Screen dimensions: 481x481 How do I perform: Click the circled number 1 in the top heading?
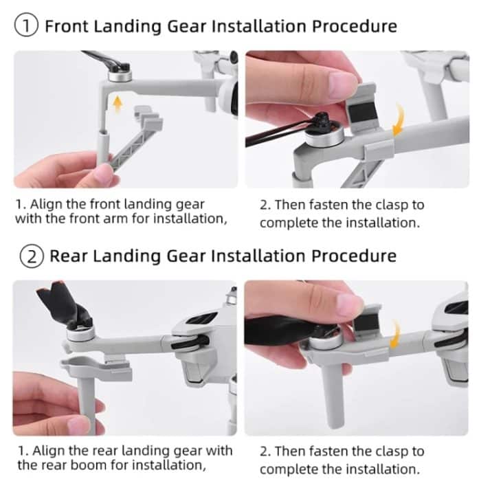click(26, 27)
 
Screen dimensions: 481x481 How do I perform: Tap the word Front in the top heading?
click(69, 27)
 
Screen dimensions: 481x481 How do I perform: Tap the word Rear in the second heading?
click(67, 256)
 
